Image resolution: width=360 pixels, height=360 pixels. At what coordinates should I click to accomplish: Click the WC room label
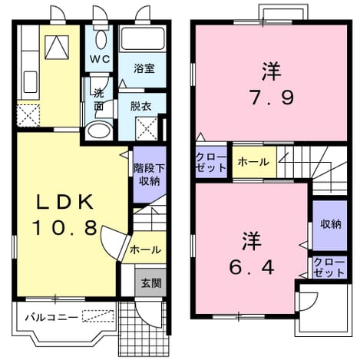click(x=100, y=59)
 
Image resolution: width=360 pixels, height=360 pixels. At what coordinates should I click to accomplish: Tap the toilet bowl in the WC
click(x=101, y=39)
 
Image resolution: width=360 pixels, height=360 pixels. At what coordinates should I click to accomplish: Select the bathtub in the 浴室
click(x=143, y=39)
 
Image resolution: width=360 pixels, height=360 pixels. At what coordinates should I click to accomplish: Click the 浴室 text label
click(x=144, y=68)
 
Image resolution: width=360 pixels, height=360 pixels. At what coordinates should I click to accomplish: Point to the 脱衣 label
click(x=140, y=106)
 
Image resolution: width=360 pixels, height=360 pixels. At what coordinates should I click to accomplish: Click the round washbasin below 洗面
click(x=98, y=130)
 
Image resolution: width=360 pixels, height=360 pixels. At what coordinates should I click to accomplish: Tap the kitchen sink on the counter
click(x=31, y=82)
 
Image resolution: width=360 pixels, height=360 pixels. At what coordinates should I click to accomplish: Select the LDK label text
click(x=64, y=202)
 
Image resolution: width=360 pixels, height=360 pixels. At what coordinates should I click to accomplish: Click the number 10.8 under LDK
click(x=64, y=227)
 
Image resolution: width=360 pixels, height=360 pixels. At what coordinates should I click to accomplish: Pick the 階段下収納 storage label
click(x=149, y=174)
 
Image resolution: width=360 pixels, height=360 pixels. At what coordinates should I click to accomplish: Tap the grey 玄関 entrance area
click(x=151, y=283)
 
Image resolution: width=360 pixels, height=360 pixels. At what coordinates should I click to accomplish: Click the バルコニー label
click(x=51, y=318)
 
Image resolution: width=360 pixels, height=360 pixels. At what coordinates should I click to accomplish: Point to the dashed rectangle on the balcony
click(x=98, y=315)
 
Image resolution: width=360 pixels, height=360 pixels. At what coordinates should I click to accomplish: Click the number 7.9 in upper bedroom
click(x=272, y=97)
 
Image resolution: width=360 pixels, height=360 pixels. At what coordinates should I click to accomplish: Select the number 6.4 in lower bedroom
click(x=252, y=267)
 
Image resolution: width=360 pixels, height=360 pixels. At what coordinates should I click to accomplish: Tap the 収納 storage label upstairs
click(x=331, y=224)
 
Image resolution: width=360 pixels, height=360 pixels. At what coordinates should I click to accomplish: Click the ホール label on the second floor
click(x=253, y=162)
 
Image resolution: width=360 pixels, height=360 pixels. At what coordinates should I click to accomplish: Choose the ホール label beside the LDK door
click(x=145, y=249)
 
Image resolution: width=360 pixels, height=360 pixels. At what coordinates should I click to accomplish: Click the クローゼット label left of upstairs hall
click(x=211, y=162)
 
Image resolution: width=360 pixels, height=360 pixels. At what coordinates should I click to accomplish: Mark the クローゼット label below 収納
click(x=329, y=268)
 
